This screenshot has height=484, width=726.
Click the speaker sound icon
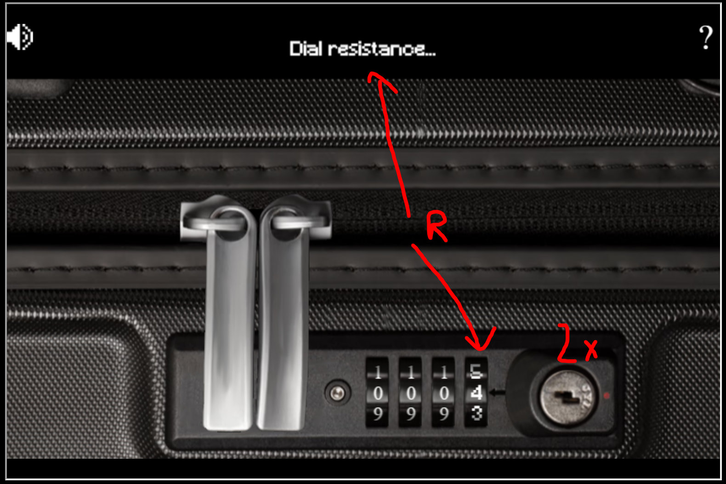[x=20, y=37]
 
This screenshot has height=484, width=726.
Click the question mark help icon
[x=705, y=38]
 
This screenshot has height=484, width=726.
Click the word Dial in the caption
[x=306, y=49]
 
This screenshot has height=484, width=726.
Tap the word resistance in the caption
[x=382, y=49]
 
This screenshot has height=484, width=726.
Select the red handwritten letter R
[x=436, y=226]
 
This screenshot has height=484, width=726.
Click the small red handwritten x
[x=591, y=349]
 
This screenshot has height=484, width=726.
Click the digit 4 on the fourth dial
[x=476, y=393]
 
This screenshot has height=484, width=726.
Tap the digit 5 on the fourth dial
[x=476, y=371]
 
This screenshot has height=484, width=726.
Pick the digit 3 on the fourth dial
[x=476, y=414]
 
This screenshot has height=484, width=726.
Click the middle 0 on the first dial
[x=378, y=393]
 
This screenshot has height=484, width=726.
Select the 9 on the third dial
[x=443, y=414]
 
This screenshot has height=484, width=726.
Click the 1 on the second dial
[x=411, y=372]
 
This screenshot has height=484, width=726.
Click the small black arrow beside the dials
[x=497, y=393]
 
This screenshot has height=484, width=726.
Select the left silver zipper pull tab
[x=228, y=317]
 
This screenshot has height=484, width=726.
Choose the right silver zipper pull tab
[x=281, y=317]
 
